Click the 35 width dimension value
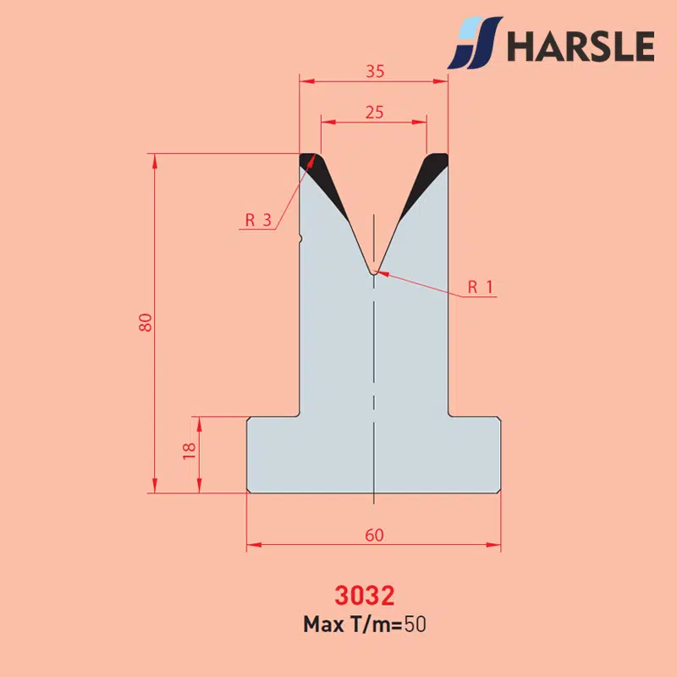click(x=375, y=71)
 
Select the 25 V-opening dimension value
click(x=374, y=113)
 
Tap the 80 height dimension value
click(x=146, y=322)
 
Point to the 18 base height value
click(x=189, y=451)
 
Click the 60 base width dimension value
click(x=374, y=535)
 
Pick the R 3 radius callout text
click(x=258, y=220)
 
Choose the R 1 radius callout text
click(x=480, y=287)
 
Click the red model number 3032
click(x=365, y=596)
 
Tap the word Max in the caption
click(x=323, y=625)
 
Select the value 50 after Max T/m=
click(x=415, y=625)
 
